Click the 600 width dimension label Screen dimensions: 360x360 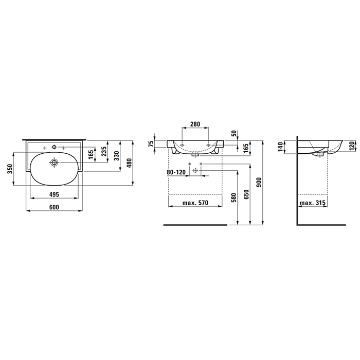pyautogui.click(x=54, y=207)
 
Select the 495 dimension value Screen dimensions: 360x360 pyautogui.click(x=54, y=194)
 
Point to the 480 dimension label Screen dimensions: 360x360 pyautogui.click(x=130, y=163)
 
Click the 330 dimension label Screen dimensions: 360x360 pyautogui.click(x=117, y=156)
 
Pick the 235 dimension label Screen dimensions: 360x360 pyautogui.click(x=104, y=152)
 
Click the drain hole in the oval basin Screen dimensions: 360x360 pyautogui.click(x=54, y=163)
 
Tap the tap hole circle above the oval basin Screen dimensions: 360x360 pyautogui.click(x=54, y=147)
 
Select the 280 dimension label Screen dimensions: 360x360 pyautogui.click(x=195, y=124)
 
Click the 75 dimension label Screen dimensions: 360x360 pyautogui.click(x=151, y=143)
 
